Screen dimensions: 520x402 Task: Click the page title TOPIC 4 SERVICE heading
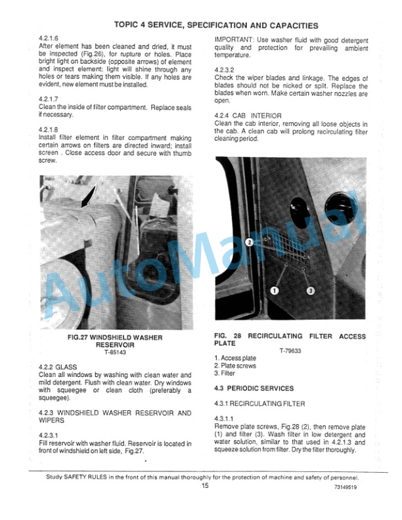coord(216,26)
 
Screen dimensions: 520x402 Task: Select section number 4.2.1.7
coord(50,98)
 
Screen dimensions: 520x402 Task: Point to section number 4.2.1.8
coord(50,129)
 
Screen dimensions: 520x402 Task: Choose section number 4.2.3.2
coord(226,70)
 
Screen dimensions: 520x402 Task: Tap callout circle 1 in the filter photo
coord(275,290)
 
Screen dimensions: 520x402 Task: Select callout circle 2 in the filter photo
coord(250,242)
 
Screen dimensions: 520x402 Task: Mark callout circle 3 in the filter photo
coord(311,290)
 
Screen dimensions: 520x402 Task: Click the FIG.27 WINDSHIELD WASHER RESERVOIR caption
coord(115,341)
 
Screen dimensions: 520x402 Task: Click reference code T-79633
coord(291,350)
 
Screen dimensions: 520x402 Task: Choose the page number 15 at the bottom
coord(205,486)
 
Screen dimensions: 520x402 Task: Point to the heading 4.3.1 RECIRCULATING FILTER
coord(259,403)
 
